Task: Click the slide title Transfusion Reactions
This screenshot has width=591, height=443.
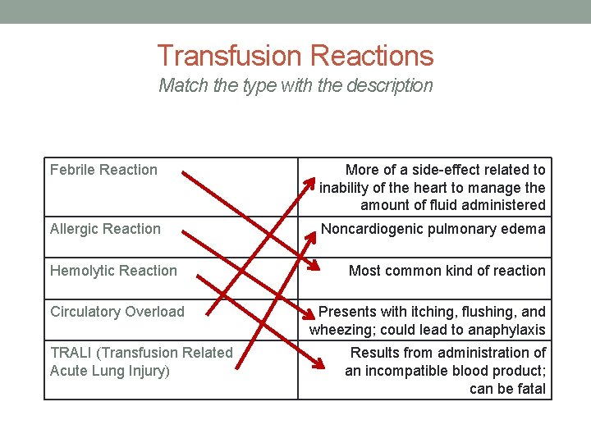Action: (x=295, y=56)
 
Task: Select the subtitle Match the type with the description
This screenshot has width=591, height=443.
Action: (x=295, y=85)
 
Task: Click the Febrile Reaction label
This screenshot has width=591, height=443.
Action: (x=103, y=170)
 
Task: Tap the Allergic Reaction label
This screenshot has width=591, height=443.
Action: (x=105, y=229)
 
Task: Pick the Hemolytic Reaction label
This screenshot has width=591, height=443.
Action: (x=113, y=271)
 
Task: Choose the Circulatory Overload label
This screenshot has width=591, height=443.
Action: (x=117, y=312)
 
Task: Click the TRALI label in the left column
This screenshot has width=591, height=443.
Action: (x=141, y=353)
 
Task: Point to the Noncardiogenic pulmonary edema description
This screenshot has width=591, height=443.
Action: (x=433, y=229)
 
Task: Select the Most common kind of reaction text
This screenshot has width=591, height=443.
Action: (x=447, y=271)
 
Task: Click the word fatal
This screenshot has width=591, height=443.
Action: (x=531, y=389)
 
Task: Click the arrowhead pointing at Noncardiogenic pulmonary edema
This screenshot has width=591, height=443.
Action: (x=312, y=236)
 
